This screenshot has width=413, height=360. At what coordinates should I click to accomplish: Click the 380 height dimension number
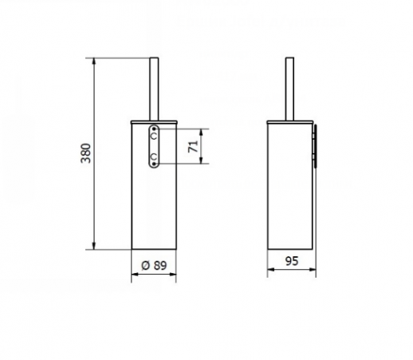[x=86, y=153]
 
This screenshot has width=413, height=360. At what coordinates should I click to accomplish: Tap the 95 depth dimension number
[x=292, y=260]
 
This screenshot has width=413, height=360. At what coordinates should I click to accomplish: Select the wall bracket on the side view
[x=315, y=146]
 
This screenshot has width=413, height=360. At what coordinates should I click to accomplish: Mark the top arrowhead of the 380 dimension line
[x=96, y=61]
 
